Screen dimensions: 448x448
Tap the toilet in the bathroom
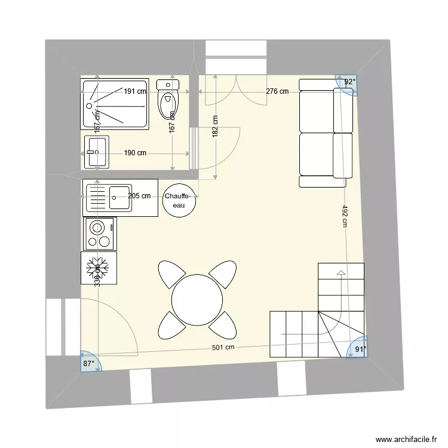(x=167, y=102)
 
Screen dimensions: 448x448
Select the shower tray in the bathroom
(x=114, y=105)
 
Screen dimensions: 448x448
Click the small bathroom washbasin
(x=97, y=152)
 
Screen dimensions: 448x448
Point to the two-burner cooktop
(x=100, y=234)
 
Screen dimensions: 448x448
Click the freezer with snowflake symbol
(x=99, y=268)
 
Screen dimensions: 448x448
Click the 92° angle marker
(x=349, y=82)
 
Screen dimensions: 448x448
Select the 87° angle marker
(x=89, y=363)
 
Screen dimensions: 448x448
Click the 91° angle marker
(x=360, y=349)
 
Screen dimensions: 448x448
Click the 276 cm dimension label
(x=277, y=91)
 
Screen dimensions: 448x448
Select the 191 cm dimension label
(x=135, y=91)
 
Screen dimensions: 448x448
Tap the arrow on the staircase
(x=341, y=274)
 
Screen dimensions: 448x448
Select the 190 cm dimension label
(x=135, y=153)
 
